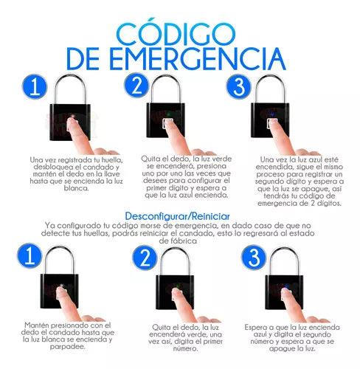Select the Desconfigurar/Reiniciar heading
pos(177,216)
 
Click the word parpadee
pos(67,347)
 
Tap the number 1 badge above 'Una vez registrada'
pos(35,87)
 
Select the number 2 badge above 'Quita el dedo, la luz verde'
pos(136,86)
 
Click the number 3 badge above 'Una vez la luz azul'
pos(238,86)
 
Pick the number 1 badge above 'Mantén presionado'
pos(30,256)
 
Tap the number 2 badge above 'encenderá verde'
pos(145,258)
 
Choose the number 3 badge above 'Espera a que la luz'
pos(254,258)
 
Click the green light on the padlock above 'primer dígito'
pos(168,114)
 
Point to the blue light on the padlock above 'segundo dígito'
pos(272,114)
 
